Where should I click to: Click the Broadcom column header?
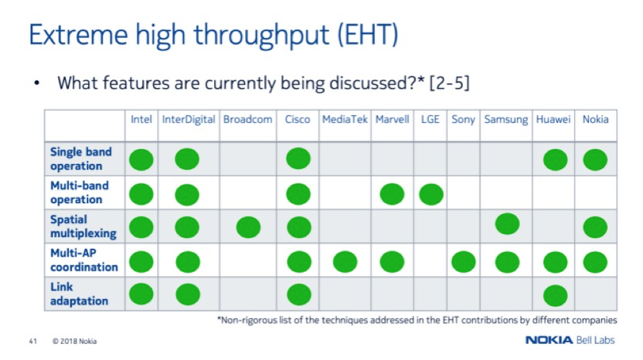(x=248, y=120)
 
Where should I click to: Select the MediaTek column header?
(x=345, y=120)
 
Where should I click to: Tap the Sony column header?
(x=463, y=120)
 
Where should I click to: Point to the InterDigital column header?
(x=188, y=120)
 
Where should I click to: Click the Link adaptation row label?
(x=78, y=294)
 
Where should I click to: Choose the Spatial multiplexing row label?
(x=83, y=226)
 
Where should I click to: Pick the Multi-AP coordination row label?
(x=84, y=260)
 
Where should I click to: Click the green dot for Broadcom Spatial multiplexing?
(x=248, y=227)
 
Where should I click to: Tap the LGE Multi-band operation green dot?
(x=431, y=194)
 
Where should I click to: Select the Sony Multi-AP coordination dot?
(x=464, y=262)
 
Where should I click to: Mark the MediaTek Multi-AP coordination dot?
(x=345, y=262)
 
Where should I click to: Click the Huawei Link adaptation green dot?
(x=556, y=296)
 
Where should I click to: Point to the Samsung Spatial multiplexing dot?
(x=507, y=224)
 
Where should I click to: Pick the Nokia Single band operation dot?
(x=595, y=159)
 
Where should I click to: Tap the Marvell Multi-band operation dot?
(x=392, y=194)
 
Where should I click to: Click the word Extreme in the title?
(x=78, y=35)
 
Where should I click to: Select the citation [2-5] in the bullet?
(x=449, y=83)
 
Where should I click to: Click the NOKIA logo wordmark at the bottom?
(x=549, y=340)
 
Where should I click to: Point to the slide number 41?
(x=33, y=341)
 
